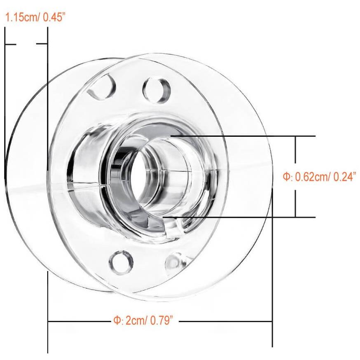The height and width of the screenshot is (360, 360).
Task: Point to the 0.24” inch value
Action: [x=344, y=177]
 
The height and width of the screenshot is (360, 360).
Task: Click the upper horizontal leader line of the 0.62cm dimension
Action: [x=247, y=136]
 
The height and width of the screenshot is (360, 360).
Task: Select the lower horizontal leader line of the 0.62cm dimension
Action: [x=247, y=217]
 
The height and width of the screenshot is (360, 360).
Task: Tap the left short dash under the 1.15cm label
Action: [x=11, y=44]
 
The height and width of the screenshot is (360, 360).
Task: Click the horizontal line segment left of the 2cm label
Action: [x=78, y=321]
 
